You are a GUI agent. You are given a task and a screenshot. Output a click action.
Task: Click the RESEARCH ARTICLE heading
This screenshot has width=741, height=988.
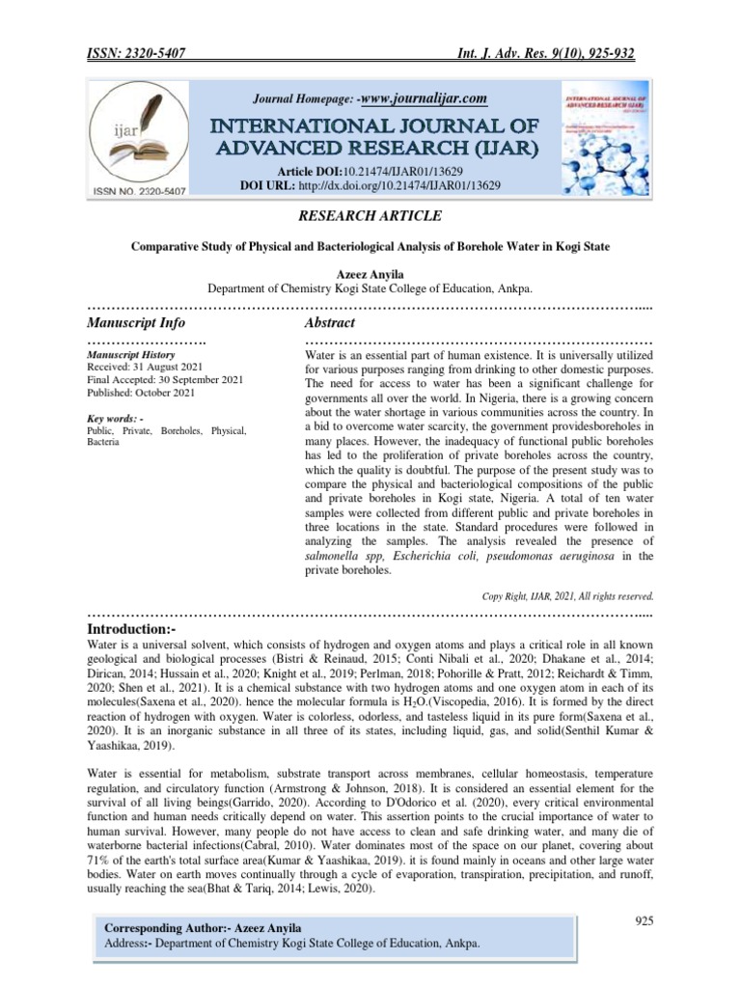pyautogui.click(x=370, y=215)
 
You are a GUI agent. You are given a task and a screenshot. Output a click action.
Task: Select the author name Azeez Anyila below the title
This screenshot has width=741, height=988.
pyautogui.click(x=370, y=273)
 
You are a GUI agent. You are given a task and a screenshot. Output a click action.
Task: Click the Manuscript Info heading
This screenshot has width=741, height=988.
pyautogui.click(x=136, y=322)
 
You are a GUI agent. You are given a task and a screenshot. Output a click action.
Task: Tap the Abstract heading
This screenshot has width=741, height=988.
pyautogui.click(x=330, y=322)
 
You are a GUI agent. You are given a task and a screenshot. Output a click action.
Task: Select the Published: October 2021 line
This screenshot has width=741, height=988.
pyautogui.click(x=140, y=393)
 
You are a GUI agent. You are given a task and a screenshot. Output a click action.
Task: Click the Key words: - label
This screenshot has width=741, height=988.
pyautogui.click(x=115, y=418)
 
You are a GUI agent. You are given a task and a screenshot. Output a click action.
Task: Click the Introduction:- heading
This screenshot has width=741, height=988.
pyautogui.click(x=133, y=629)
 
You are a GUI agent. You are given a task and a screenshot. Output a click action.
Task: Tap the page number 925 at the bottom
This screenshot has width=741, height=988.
pyautogui.click(x=645, y=921)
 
